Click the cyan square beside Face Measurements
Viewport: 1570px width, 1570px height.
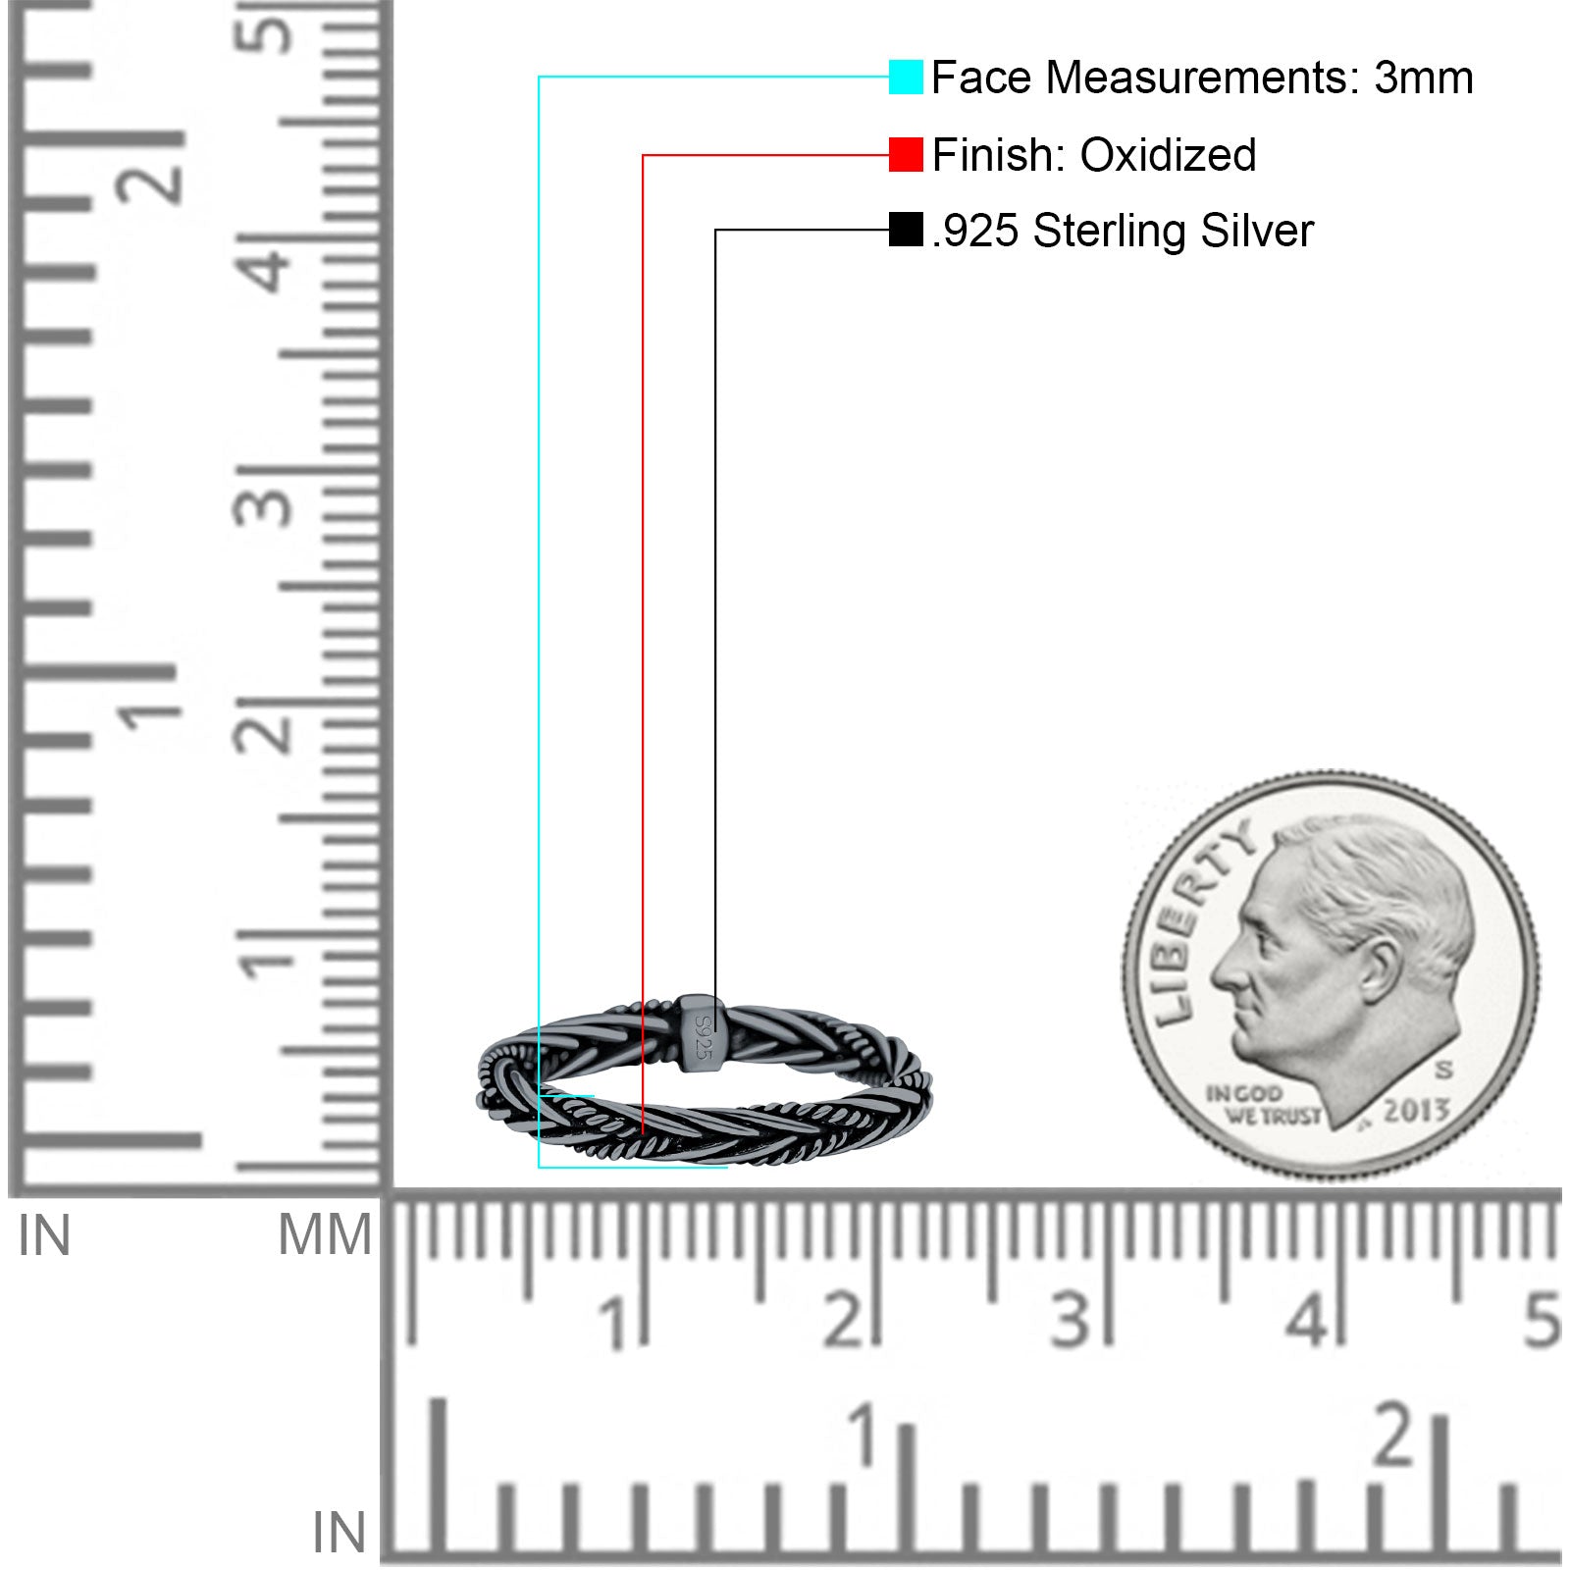[906, 77]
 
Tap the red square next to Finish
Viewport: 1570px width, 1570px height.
[906, 154]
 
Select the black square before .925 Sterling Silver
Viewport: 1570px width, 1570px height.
[906, 230]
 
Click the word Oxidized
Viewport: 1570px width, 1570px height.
[1168, 155]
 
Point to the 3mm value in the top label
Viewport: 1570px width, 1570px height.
[1423, 78]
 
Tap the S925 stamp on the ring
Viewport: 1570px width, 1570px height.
[702, 1036]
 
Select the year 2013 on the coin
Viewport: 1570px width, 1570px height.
[1416, 1111]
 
